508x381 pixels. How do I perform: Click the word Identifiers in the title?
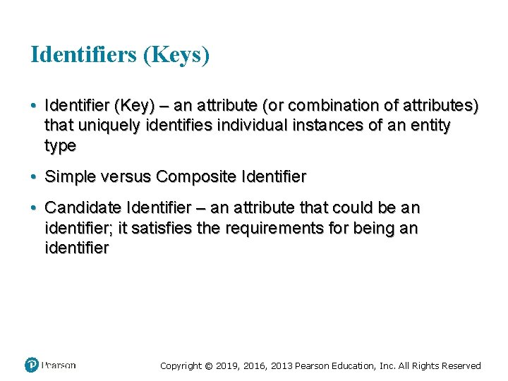tap(83, 54)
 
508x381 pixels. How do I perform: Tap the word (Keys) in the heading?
tap(176, 54)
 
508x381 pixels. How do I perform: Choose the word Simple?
tap(71, 177)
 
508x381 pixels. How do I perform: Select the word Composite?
tap(188, 177)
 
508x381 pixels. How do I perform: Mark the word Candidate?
tap(83, 208)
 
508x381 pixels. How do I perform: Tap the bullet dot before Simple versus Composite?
tap(34, 177)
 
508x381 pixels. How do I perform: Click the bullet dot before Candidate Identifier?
tap(34, 208)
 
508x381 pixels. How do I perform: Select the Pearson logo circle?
tap(32, 365)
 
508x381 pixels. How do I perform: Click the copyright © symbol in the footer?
tap(209, 365)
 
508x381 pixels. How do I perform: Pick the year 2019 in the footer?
tap(227, 365)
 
